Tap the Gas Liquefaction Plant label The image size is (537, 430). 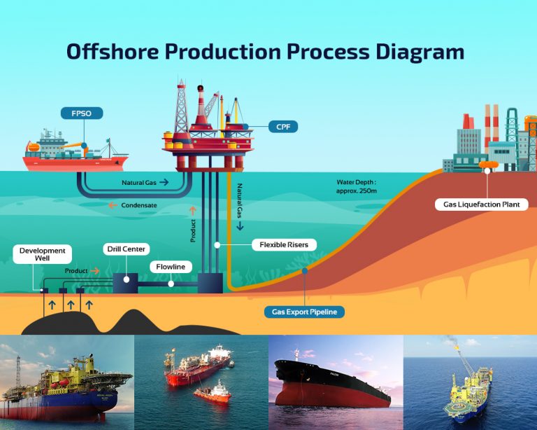(x=481, y=204)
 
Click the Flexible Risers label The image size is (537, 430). (x=284, y=245)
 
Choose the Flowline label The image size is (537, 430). (x=170, y=267)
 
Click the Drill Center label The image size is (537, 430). (x=124, y=249)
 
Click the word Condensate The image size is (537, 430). (x=140, y=205)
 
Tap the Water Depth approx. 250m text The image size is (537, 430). (x=357, y=186)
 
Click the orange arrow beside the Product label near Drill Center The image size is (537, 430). (x=95, y=270)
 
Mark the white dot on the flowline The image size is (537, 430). (x=171, y=284)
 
